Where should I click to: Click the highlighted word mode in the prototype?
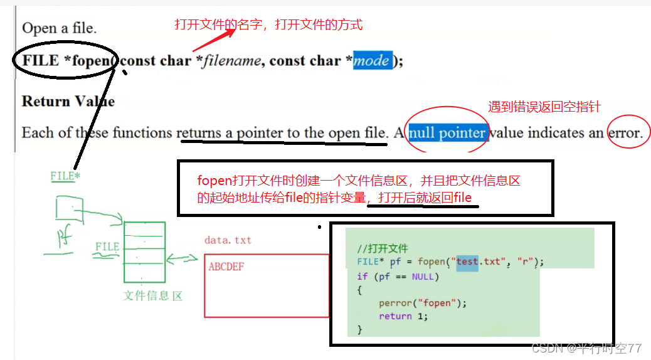(372, 61)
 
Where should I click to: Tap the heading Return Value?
(68, 101)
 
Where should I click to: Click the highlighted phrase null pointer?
(447, 132)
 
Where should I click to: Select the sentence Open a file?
(60, 28)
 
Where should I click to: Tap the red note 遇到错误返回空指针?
(544, 107)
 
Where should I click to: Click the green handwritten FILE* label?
(65, 176)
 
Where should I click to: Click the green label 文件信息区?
(152, 296)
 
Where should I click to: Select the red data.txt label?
(228, 240)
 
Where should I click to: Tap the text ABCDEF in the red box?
(226, 267)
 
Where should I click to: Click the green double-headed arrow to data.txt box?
(182, 258)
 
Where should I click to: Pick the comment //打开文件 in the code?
(383, 248)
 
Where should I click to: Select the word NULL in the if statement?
(423, 276)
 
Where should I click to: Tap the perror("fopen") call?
(423, 303)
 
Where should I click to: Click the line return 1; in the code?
(403, 316)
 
